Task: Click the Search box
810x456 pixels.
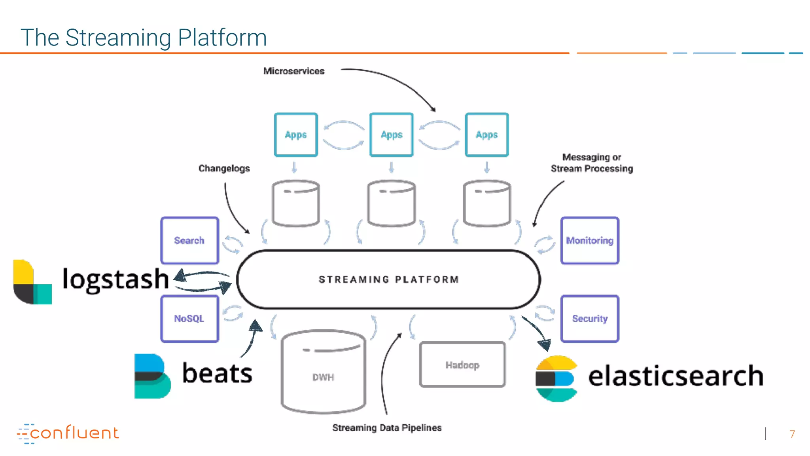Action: click(189, 240)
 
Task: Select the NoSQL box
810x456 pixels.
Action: click(189, 319)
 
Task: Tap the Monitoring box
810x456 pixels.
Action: click(589, 240)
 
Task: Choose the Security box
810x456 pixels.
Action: click(589, 319)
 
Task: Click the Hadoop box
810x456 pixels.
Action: click(462, 365)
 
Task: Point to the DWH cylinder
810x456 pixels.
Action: click(323, 372)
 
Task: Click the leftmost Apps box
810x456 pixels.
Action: click(296, 135)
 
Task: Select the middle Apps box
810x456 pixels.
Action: click(392, 135)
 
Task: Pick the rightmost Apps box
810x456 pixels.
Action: click(486, 135)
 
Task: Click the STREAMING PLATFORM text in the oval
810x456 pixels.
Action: click(388, 279)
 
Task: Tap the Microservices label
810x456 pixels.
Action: click(294, 71)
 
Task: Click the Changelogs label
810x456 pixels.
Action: click(224, 168)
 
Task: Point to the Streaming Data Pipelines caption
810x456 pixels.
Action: click(387, 427)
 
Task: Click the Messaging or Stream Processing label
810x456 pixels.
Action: click(592, 163)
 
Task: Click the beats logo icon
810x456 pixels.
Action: click(152, 376)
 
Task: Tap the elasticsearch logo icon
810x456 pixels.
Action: click(556, 378)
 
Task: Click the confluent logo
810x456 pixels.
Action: click(68, 433)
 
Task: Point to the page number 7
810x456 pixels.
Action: click(792, 434)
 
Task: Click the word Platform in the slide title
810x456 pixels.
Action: click(222, 38)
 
